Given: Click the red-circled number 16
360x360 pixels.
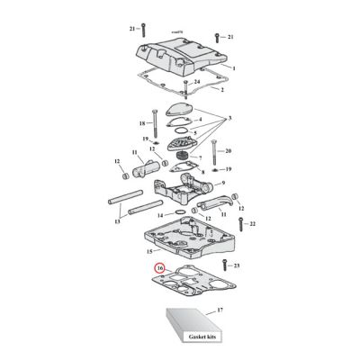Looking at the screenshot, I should (160, 267).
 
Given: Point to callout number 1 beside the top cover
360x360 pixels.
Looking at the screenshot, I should (232, 68).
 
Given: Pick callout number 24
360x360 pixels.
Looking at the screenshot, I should (196, 83).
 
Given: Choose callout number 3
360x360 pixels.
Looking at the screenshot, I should (229, 119).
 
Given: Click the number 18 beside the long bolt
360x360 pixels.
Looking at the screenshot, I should (143, 123).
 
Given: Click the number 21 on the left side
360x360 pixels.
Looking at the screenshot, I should (130, 29).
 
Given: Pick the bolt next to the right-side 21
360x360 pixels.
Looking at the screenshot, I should (216, 37).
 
